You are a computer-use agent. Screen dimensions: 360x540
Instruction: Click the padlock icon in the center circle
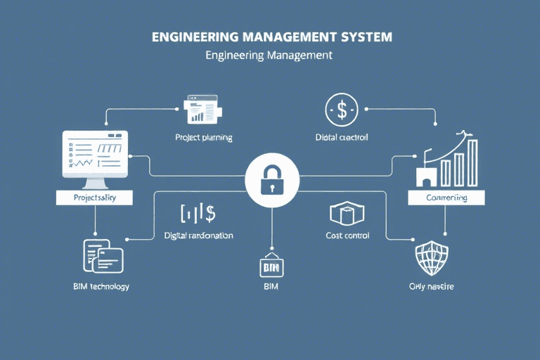click(270, 181)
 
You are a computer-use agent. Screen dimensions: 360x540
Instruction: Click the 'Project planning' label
click(204, 138)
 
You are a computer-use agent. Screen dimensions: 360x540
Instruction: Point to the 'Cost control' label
click(347, 236)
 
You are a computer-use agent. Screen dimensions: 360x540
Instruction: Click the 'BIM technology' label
click(101, 287)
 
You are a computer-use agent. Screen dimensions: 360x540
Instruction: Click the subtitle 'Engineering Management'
click(269, 56)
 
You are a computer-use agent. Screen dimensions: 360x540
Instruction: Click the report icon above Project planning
click(202, 109)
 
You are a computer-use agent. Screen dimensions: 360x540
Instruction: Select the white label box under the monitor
click(95, 198)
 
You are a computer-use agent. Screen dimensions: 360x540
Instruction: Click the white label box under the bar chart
click(446, 198)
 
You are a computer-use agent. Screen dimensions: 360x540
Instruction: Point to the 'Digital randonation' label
click(198, 236)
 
